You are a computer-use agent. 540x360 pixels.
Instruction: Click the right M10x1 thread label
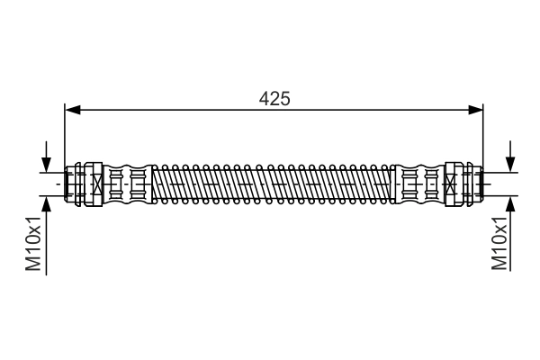[500, 243]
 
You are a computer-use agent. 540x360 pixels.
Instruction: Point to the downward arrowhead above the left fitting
[46, 164]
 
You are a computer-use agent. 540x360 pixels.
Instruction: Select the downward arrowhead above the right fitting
[510, 164]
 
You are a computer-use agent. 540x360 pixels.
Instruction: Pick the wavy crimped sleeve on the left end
[126, 184]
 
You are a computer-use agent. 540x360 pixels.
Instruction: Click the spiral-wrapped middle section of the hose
[274, 184]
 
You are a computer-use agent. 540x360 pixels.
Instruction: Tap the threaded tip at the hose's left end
[69, 184]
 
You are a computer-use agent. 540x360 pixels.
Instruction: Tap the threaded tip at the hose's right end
[477, 184]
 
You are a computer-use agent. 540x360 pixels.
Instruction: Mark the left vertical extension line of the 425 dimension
[65, 135]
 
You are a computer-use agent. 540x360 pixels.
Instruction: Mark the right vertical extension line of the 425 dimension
[482, 135]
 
